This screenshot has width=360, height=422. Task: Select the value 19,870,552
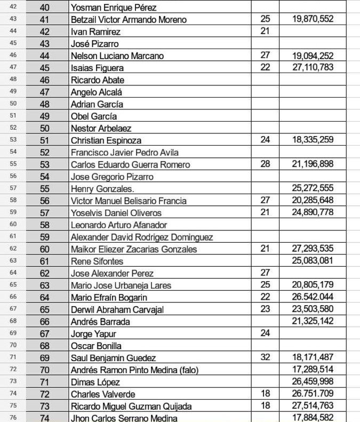[x=313, y=19]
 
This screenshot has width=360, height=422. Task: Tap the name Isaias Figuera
[x=97, y=68]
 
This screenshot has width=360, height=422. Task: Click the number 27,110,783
[x=313, y=67]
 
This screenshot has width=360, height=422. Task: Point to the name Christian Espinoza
[x=106, y=140]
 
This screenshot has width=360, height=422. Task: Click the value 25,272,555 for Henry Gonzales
[x=313, y=188]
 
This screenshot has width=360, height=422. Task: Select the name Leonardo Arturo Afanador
[x=119, y=225]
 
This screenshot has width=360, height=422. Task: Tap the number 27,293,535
[x=313, y=249]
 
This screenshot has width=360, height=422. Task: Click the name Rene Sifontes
[x=97, y=261]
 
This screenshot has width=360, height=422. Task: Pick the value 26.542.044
[x=313, y=297]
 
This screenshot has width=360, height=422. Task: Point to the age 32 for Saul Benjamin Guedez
[x=265, y=357]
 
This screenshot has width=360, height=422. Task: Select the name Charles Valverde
[x=103, y=394]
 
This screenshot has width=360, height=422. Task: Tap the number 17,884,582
[x=313, y=418]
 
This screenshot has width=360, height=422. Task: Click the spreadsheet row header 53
[x=12, y=140]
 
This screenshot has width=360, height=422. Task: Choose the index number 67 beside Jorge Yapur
[x=45, y=333]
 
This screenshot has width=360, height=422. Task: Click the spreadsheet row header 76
[x=12, y=418]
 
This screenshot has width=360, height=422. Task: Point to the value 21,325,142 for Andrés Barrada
[x=313, y=321]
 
